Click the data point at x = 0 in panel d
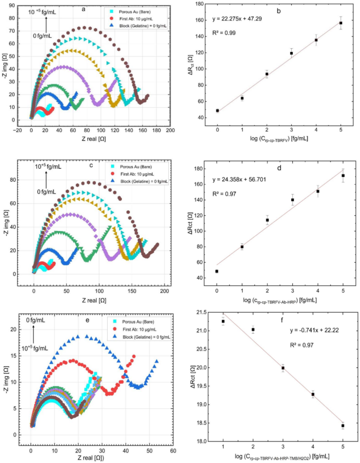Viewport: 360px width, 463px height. [217, 271]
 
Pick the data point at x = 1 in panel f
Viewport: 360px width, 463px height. [223, 321]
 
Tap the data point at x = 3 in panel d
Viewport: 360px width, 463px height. [292, 200]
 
